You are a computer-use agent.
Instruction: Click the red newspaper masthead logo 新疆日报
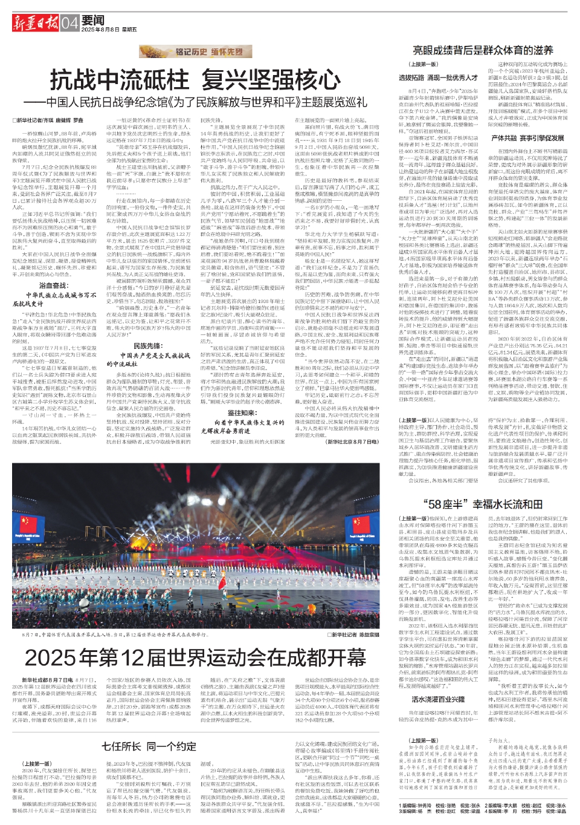coord(36,24)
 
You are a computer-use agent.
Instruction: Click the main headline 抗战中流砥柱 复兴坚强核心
coord(195,79)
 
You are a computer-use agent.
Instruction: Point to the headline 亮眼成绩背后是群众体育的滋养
coord(483,50)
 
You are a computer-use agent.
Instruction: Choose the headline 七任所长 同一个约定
coord(149,746)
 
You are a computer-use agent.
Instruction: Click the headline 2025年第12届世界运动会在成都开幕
coord(196,657)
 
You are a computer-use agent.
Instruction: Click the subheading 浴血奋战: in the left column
coord(53,285)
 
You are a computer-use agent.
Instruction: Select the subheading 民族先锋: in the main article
coord(147,346)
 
